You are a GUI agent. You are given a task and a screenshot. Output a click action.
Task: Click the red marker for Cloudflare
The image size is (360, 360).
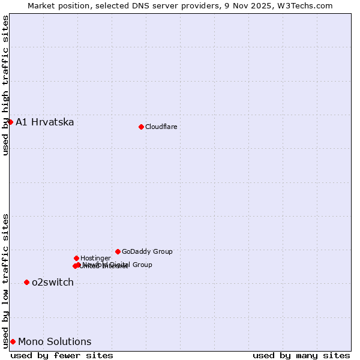pyautogui.click(x=141, y=127)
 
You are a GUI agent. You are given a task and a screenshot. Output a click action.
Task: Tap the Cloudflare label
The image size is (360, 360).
pyautogui.click(x=161, y=127)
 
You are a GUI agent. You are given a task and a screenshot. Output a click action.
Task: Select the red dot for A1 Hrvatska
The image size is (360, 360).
pyautogui.click(x=10, y=122)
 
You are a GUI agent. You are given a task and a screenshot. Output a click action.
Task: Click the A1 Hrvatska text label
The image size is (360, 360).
pyautogui.click(x=45, y=122)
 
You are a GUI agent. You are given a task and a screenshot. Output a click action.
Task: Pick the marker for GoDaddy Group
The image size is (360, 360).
pyautogui.click(x=118, y=251)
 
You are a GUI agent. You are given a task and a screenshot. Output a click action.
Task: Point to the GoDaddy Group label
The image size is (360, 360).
pyautogui.click(x=147, y=251)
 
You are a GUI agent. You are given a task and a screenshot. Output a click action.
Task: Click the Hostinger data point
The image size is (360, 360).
pyautogui.click(x=76, y=258)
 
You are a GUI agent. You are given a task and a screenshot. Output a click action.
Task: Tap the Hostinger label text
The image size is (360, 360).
pyautogui.click(x=95, y=258)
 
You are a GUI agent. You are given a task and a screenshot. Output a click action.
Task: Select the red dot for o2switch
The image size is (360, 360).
pyautogui.click(x=26, y=282)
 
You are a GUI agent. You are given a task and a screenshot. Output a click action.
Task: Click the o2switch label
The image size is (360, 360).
pyautogui.click(x=53, y=283)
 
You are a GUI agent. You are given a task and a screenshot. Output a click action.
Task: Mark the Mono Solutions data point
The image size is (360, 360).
pyautogui.click(x=13, y=341)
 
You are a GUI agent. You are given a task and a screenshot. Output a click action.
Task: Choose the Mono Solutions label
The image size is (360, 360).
pyautogui.click(x=55, y=342)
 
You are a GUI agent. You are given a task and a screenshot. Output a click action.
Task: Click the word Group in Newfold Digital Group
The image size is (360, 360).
pyautogui.click(x=142, y=265)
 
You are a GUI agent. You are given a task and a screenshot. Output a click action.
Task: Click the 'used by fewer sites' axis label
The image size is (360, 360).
pyautogui.click(x=62, y=355)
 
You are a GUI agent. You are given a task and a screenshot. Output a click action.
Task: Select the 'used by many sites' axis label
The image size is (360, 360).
pyautogui.click(x=301, y=355)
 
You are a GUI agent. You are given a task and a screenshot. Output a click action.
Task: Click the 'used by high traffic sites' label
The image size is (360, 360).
pyautogui.click(x=5, y=85)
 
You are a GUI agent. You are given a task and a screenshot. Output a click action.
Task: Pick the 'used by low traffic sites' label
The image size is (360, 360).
pyautogui.click(x=5, y=280)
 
